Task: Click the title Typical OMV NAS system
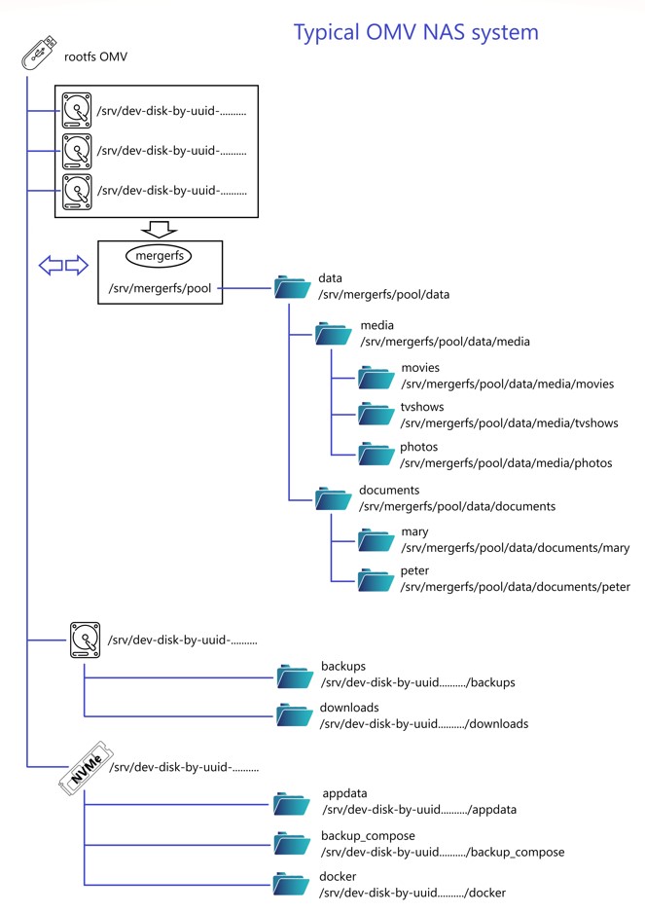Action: [x=415, y=32]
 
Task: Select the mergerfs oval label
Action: [x=161, y=256]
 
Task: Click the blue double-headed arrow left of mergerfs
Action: [x=63, y=265]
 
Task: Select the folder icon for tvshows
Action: [x=376, y=415]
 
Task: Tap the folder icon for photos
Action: [x=376, y=454]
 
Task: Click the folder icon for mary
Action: [x=376, y=539]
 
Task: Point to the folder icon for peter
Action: [x=376, y=579]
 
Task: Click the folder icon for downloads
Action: [x=294, y=715]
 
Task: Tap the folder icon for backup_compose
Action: [x=292, y=843]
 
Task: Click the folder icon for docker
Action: [x=292, y=884]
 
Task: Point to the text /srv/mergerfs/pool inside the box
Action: [x=161, y=288]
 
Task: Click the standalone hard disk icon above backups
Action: [x=86, y=640]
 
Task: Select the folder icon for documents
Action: [x=333, y=498]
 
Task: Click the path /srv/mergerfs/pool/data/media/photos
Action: [x=506, y=463]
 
